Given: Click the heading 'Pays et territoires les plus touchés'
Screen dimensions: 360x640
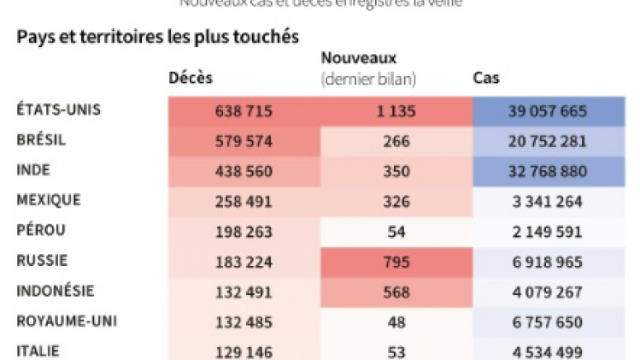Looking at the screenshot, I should pos(157,38).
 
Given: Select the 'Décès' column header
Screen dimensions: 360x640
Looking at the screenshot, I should pos(191,79).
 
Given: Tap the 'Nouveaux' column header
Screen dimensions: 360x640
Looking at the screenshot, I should pos(359,58).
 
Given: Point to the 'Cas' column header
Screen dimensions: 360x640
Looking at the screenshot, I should pos(486,79).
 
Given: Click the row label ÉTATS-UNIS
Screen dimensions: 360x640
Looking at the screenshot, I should pos(59,109).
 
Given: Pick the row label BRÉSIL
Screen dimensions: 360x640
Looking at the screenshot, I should pos(41,139).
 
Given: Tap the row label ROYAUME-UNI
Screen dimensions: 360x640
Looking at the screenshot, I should pos(67,322).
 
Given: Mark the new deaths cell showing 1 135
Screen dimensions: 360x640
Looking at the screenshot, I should pos(396,111).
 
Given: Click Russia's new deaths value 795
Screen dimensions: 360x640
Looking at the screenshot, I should pos(396,262).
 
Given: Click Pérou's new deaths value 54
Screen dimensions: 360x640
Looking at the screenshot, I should pos(396,232).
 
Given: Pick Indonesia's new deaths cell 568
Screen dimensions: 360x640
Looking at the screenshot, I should pos(396,292).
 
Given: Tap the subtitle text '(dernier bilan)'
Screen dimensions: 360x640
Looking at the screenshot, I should pos(368,80).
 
